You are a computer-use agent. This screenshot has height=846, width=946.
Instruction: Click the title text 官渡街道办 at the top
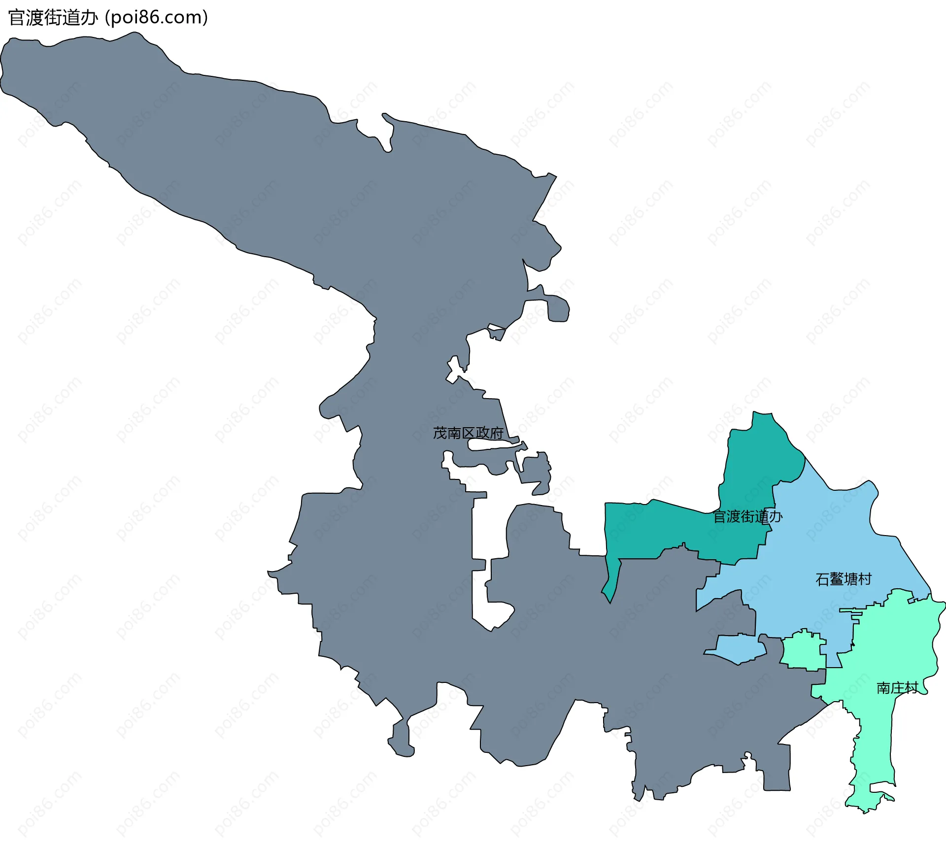pyautogui.click(x=53, y=18)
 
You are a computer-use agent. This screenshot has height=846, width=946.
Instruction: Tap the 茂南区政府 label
pyautogui.click(x=468, y=433)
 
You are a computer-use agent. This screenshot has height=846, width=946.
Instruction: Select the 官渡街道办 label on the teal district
pyautogui.click(x=747, y=517)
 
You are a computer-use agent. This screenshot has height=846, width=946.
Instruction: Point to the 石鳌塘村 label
pyautogui.click(x=844, y=579)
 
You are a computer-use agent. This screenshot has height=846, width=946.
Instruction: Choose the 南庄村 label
pyautogui.click(x=897, y=688)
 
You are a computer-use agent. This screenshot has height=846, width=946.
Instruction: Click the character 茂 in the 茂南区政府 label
pyautogui.click(x=440, y=433)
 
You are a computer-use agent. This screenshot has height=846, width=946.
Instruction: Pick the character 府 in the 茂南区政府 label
pyautogui.click(x=497, y=433)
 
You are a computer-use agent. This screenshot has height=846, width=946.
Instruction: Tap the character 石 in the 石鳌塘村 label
pyautogui.click(x=823, y=579)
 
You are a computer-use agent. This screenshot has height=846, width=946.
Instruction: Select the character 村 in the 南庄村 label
pyautogui.click(x=912, y=688)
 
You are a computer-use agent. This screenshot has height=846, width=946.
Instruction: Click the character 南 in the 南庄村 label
pyautogui.click(x=883, y=688)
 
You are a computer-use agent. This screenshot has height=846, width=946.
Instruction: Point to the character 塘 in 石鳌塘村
pyautogui.click(x=851, y=579)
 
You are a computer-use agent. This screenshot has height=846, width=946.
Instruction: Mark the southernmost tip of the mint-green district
pyautogui.click(x=866, y=810)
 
